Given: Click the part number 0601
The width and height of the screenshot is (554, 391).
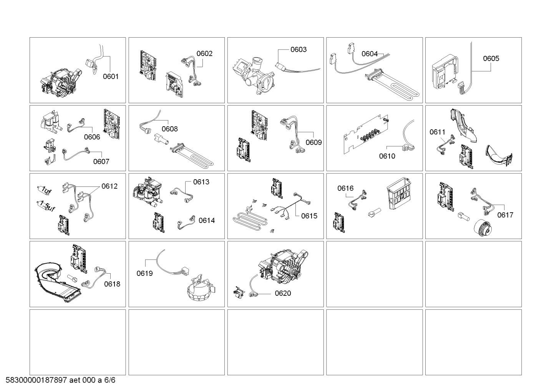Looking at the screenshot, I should (111, 76).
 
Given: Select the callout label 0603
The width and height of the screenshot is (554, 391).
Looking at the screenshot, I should (298, 49).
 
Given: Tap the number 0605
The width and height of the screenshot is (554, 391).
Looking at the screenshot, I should (491, 58).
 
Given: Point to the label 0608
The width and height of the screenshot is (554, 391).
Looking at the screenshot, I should (169, 129).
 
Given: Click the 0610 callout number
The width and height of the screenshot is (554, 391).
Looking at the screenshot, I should (387, 156).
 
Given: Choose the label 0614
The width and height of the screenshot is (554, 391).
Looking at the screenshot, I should (207, 220).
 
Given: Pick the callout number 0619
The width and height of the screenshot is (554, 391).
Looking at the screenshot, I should (145, 274).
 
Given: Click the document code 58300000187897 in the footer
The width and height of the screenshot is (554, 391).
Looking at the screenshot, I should (37, 380).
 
